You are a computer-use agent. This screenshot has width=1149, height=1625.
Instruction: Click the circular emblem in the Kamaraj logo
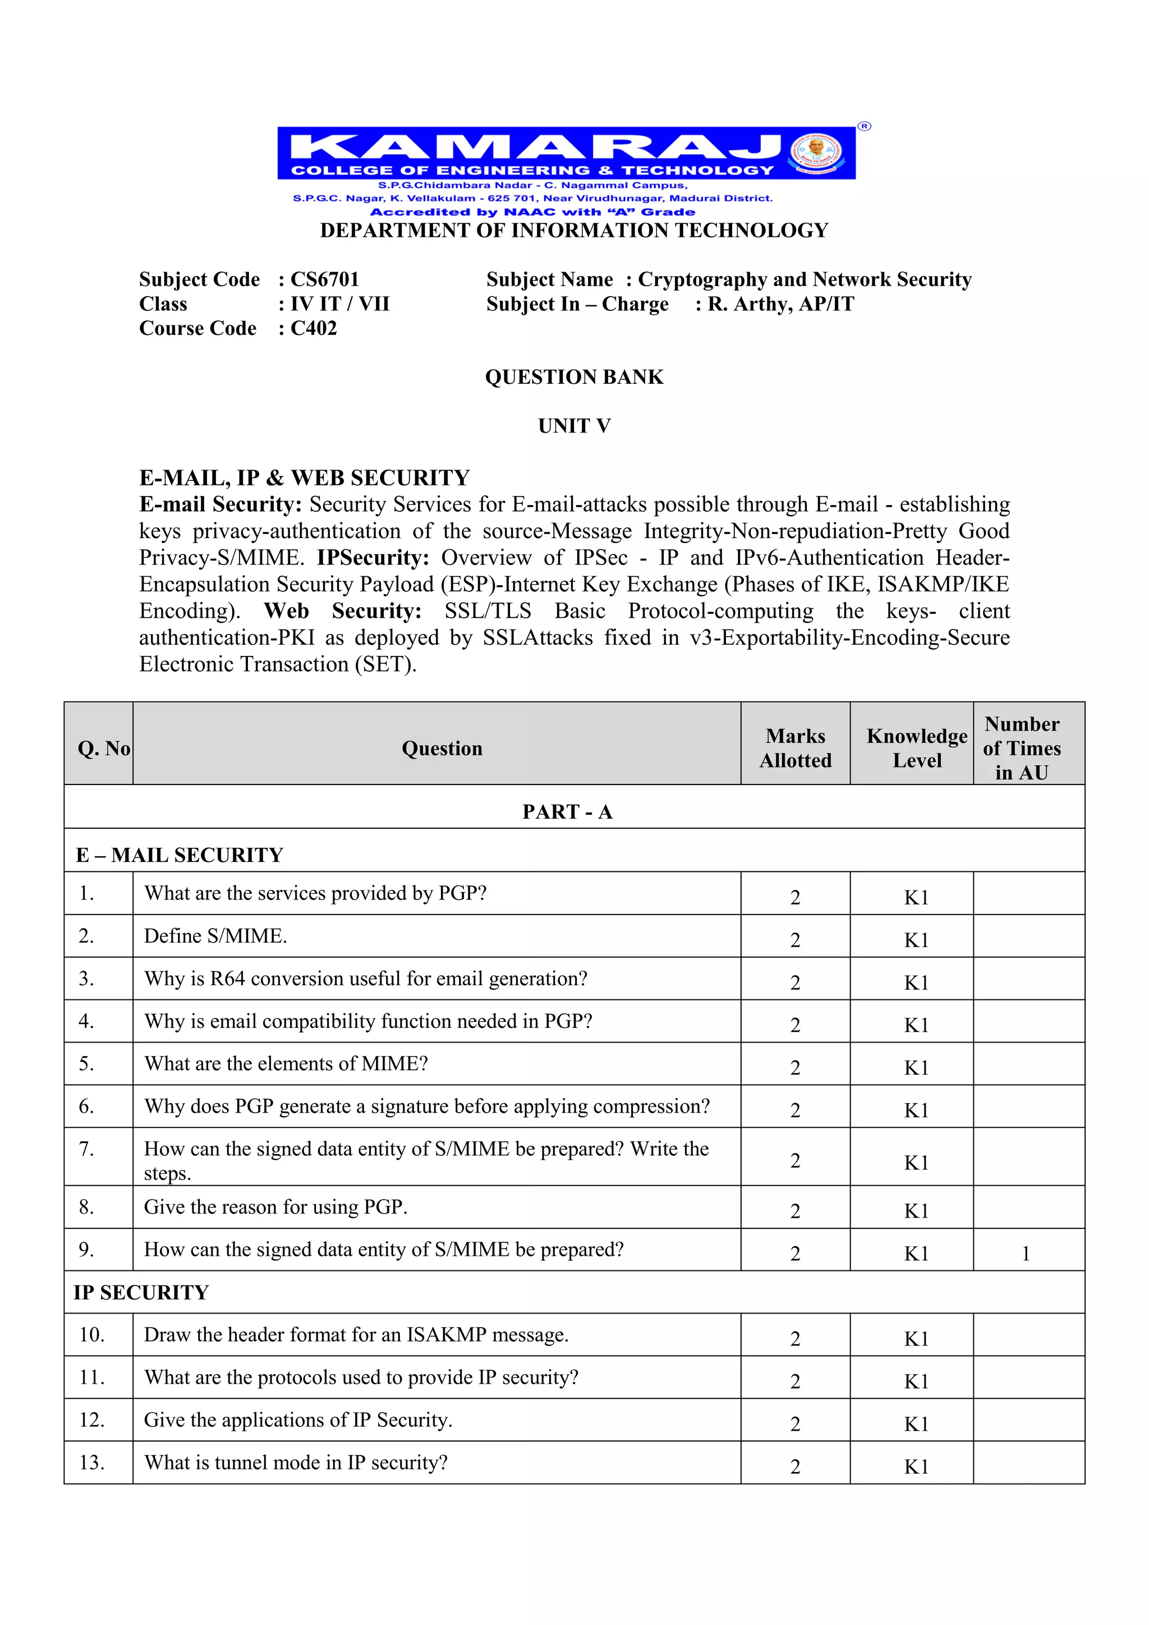pos(816,152)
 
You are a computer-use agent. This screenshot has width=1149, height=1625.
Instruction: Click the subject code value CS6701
pos(325,279)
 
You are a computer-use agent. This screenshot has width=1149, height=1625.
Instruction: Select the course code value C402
pos(314,328)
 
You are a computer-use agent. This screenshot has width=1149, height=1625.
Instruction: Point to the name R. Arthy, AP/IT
pos(781,304)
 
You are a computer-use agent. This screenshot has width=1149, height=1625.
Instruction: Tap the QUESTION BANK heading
pos(574,377)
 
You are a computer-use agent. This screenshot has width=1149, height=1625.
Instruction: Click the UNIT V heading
pos(574,426)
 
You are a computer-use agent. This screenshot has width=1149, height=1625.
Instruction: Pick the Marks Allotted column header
pos(795,748)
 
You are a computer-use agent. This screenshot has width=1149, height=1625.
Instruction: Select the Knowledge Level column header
pos(916,748)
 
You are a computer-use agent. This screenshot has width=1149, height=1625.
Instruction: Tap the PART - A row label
pos(567,812)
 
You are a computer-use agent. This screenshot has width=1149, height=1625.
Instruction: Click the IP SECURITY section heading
pos(141,1292)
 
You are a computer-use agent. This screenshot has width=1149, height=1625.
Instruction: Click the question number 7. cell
pos(86,1149)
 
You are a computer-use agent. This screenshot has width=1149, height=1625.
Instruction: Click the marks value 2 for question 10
pos(795,1339)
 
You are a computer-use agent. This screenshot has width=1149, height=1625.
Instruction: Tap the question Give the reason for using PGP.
pos(276,1208)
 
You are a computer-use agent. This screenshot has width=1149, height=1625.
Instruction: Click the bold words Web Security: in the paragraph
pos(342,612)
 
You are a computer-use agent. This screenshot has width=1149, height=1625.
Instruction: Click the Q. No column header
pos(103,749)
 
